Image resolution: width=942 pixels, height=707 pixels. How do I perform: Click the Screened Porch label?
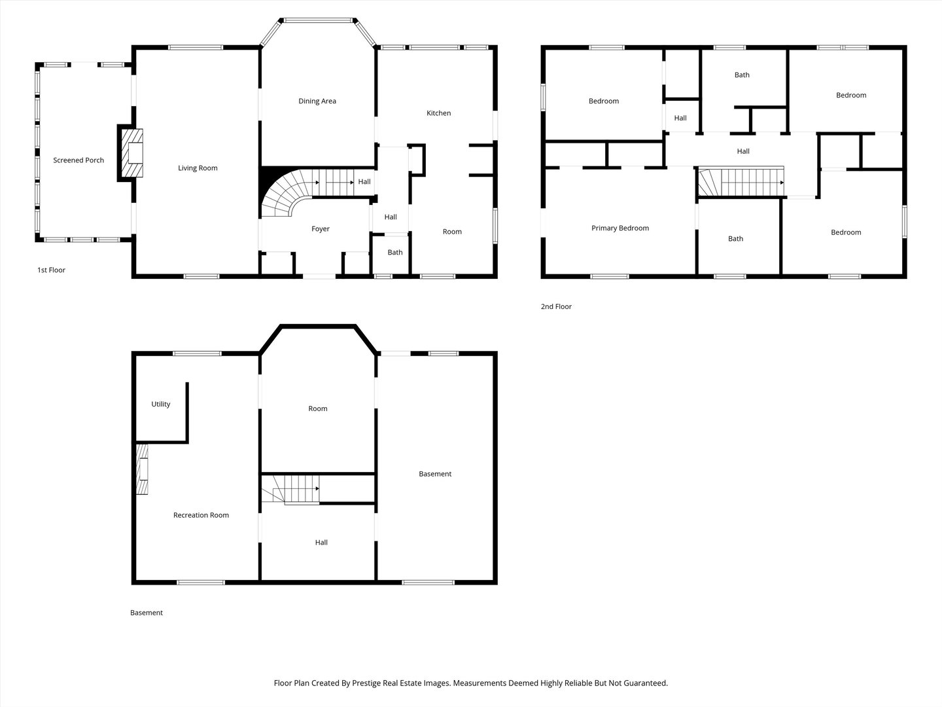(78, 160)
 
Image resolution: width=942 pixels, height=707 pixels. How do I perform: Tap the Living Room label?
(198, 168)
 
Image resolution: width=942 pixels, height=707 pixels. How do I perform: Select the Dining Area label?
(317, 101)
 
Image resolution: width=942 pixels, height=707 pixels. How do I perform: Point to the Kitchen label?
(438, 113)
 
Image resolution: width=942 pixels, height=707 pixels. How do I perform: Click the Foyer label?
(321, 229)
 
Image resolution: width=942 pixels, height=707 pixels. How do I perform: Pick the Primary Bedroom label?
(620, 228)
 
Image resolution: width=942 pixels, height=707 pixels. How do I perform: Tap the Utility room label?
(161, 404)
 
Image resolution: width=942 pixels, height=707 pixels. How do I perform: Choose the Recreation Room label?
(201, 515)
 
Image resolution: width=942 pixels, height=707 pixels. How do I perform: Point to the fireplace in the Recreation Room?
(143, 469)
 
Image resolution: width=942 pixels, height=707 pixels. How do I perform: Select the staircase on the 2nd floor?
(741, 182)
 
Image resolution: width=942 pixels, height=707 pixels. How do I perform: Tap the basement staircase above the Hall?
(290, 489)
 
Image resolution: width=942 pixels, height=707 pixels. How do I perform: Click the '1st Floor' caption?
(51, 270)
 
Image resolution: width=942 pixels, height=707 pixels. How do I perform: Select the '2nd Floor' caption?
(556, 306)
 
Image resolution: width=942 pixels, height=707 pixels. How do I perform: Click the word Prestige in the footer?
(369, 683)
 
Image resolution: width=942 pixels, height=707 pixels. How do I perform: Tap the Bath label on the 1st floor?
(395, 253)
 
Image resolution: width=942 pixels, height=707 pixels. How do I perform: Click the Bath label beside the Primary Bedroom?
(735, 239)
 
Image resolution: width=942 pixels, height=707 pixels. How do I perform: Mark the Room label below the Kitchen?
(452, 232)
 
